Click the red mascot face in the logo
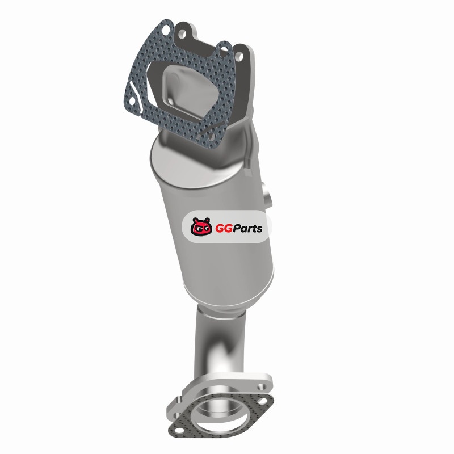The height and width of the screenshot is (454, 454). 201,226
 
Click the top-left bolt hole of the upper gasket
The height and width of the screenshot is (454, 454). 166,30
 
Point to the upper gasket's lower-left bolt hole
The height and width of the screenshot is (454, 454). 132,101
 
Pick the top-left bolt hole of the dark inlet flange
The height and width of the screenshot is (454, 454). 182,34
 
